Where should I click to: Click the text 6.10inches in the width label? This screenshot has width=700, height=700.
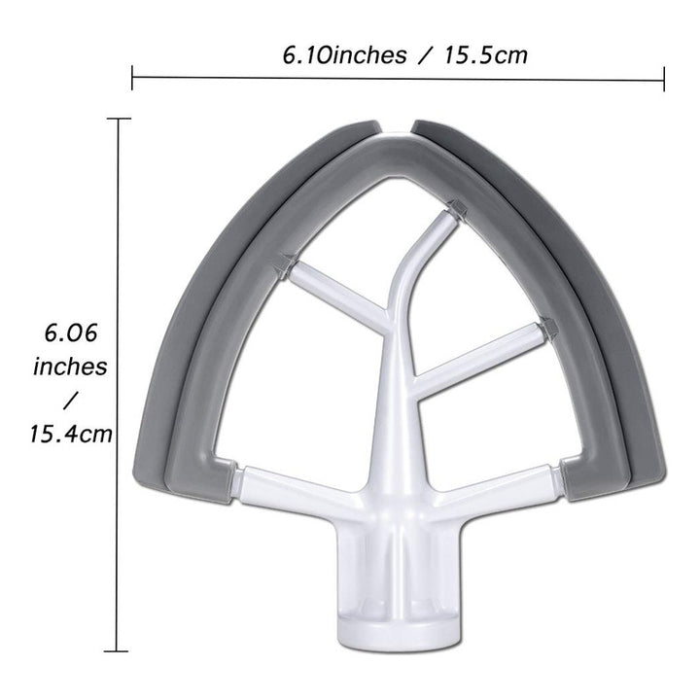[344, 55]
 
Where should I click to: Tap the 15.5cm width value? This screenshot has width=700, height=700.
[486, 55]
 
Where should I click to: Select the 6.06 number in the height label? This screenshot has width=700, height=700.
[71, 333]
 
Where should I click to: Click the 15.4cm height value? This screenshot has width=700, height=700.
[71, 434]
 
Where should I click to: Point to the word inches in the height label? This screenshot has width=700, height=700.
[71, 367]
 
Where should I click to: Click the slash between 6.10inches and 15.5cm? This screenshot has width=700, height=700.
[426, 55]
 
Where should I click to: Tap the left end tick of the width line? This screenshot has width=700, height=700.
[132, 77]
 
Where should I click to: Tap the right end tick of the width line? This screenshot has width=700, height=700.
[664, 79]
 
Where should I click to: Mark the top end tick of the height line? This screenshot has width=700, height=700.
[119, 119]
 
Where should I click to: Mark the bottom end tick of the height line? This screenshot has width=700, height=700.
[116, 651]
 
